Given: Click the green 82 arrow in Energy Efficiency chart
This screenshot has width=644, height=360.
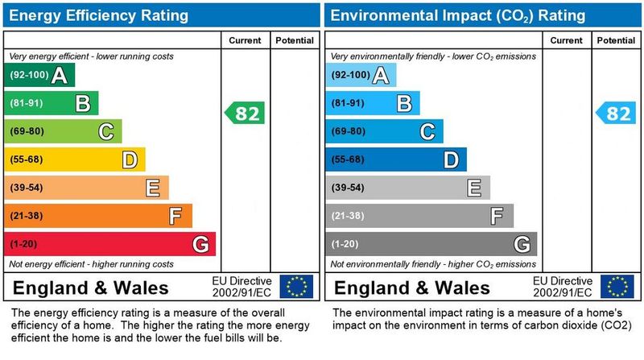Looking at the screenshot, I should click(x=245, y=114).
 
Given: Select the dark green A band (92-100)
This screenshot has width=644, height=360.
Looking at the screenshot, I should click(x=39, y=76).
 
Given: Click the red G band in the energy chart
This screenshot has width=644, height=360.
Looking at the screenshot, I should click(x=109, y=244).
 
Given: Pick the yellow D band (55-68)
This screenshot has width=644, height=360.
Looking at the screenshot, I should click(x=74, y=159).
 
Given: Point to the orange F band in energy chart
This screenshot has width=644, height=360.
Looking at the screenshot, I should click(x=97, y=216).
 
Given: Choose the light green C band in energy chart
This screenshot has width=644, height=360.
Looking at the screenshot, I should click(x=62, y=131).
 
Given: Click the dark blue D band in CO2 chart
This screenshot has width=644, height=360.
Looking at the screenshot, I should click(x=394, y=159).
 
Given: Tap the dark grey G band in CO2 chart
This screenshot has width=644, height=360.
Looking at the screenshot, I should click(x=430, y=244).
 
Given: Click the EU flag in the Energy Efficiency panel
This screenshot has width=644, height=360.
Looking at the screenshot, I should click(x=296, y=287).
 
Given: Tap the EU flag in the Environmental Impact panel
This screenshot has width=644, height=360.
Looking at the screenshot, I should click(x=617, y=287).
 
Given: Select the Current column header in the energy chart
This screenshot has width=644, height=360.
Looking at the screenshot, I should click(x=245, y=40).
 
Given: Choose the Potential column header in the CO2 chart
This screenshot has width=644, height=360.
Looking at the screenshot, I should click(x=616, y=40).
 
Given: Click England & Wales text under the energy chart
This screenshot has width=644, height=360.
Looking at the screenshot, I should click(x=90, y=288).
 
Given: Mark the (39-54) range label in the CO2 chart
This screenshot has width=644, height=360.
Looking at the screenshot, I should click(x=348, y=188).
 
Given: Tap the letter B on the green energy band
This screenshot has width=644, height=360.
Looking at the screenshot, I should click(x=82, y=103).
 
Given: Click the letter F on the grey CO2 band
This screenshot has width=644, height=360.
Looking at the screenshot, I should click(x=497, y=216).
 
